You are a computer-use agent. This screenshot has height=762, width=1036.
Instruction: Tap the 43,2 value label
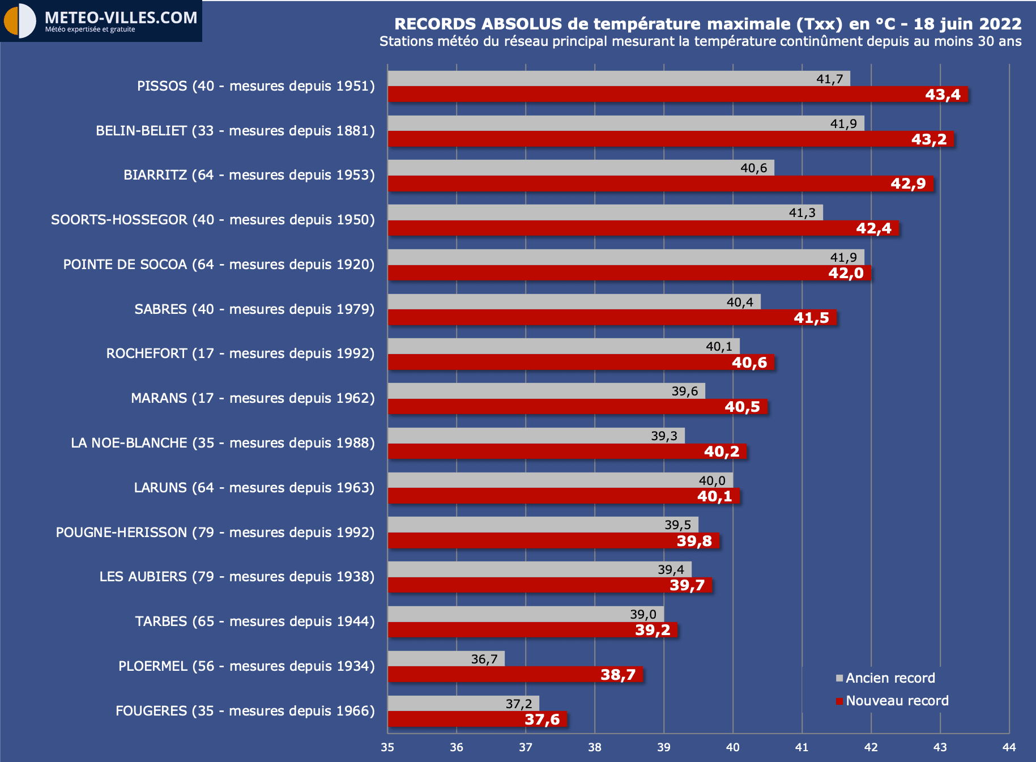tap(929, 139)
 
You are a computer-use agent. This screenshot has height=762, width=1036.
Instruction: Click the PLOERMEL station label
tap(246, 666)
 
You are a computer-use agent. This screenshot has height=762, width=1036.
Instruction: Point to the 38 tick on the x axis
tap(595, 747)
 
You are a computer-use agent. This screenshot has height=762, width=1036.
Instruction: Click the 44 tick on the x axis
tap(1009, 747)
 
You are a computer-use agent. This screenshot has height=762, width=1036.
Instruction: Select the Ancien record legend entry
tap(890, 678)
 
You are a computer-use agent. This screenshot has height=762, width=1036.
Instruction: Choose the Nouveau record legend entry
tap(897, 701)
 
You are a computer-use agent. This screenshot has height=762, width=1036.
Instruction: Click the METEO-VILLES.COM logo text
tap(121, 18)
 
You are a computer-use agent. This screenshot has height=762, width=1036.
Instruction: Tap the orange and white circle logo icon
tap(19, 21)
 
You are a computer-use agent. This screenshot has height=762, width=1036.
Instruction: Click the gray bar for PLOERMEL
tap(446, 658)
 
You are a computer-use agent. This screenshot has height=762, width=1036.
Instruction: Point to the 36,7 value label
tap(484, 659)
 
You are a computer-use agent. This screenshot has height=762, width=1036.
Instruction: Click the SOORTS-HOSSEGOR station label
tap(213, 220)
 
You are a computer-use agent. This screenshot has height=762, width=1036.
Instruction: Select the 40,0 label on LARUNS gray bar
tap(712, 480)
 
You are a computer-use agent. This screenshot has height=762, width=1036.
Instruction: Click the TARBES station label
tap(255, 621)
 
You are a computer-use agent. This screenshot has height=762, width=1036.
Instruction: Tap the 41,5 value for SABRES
tap(811, 318)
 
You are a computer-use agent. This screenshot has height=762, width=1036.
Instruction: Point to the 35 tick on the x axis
tap(387, 747)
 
